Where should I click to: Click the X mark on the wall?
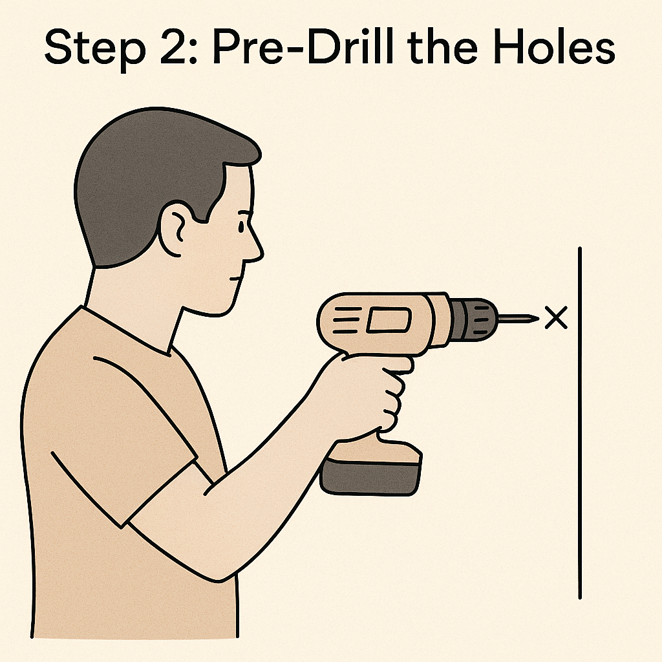point(556,317)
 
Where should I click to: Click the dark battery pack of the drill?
point(371,477)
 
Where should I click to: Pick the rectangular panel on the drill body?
point(389,319)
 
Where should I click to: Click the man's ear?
point(174,230)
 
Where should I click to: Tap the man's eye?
point(241,227)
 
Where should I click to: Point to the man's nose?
point(255,247)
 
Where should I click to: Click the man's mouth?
point(235,278)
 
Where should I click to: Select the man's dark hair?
point(160,177)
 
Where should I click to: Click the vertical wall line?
point(580,423)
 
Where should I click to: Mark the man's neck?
point(135,304)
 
